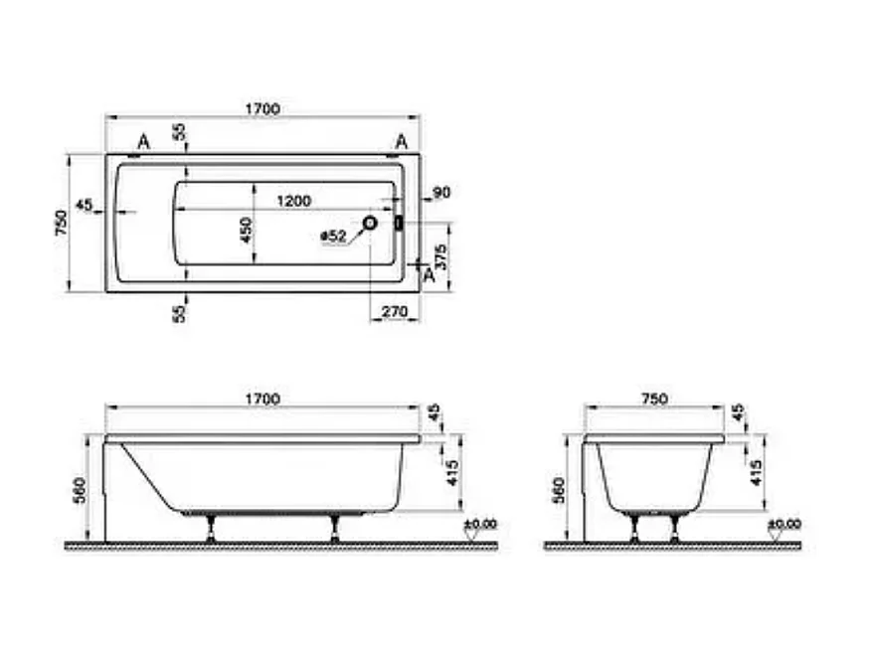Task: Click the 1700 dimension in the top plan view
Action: click(261, 108)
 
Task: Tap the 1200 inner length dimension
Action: click(293, 201)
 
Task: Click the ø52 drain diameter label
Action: click(333, 237)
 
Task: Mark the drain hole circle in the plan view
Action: click(370, 224)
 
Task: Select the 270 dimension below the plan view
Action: click(395, 312)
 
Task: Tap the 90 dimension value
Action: click(442, 192)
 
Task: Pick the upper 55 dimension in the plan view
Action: click(179, 132)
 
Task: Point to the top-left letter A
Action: click(143, 142)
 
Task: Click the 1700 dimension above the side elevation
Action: click(261, 399)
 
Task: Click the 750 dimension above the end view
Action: click(652, 399)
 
